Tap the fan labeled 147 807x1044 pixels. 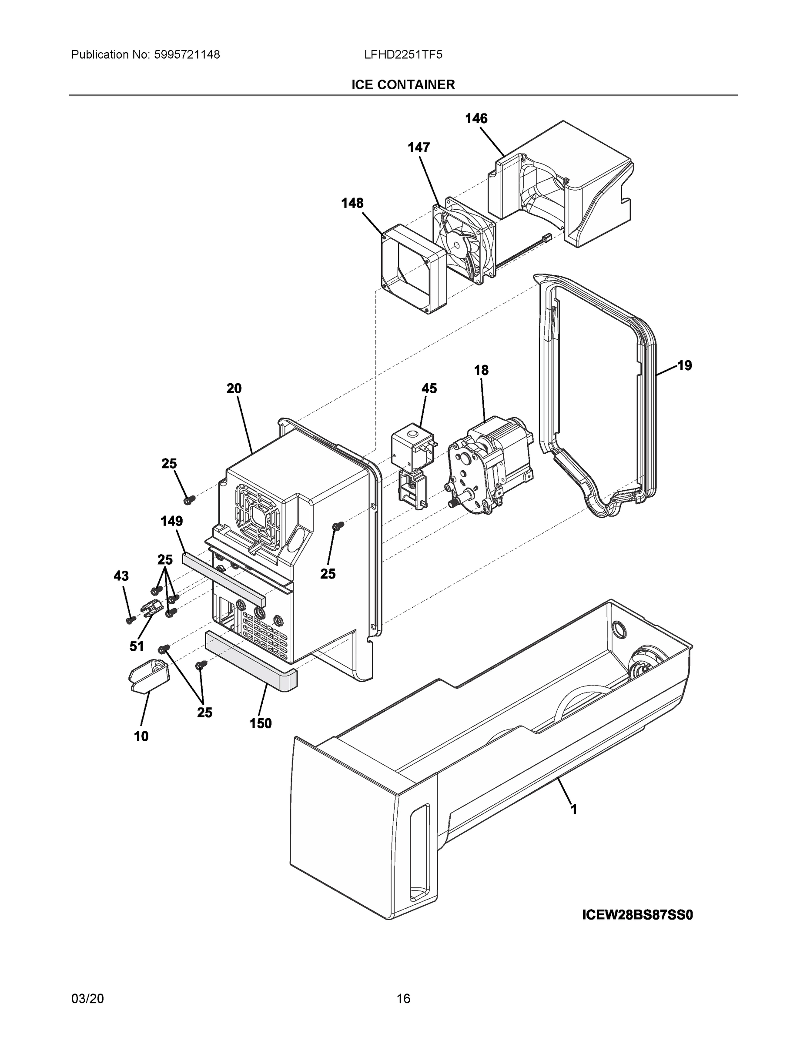coord(464,241)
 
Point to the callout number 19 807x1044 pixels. coord(685,366)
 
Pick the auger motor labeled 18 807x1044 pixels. coord(490,466)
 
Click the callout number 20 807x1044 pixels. coord(234,388)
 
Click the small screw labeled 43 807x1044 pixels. coord(129,620)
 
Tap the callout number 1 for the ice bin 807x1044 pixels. coord(574,809)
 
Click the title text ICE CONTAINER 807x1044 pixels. coord(403,85)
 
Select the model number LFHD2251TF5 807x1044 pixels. coord(403,55)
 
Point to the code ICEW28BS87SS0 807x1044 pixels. coord(637,915)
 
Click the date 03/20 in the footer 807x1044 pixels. coord(87,999)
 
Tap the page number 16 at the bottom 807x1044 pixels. coord(403,999)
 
